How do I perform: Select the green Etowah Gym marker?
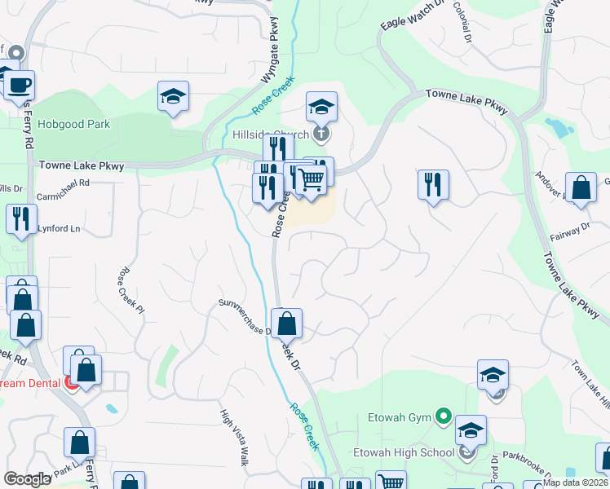pos(443,416)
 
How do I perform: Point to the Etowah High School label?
pos(403,452)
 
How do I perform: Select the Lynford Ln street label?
pos(61,229)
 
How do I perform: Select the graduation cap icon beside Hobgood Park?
pos(173,96)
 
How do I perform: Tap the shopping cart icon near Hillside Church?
pos(311,178)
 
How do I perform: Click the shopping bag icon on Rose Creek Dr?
pos(286,324)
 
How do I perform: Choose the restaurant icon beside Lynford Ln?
pos(21,218)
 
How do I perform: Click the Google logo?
pos(27,479)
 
